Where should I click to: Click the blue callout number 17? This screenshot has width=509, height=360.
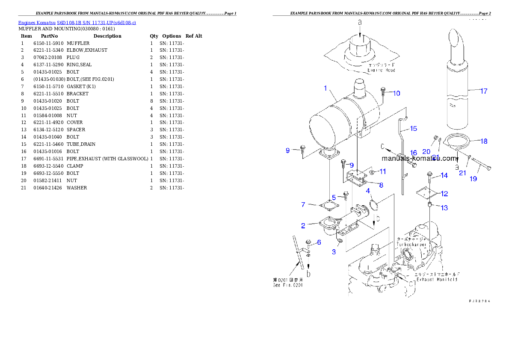pyautogui.click(x=483, y=91)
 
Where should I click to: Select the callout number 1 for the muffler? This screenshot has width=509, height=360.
pyautogui.click(x=326, y=89)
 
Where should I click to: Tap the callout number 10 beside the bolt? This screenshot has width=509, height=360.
pyautogui.click(x=397, y=93)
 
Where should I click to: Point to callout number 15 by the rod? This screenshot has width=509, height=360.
pyautogui.click(x=413, y=128)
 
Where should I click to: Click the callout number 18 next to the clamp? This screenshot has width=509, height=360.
pyautogui.click(x=483, y=141)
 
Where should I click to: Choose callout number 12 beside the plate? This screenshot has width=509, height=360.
pyautogui.click(x=444, y=194)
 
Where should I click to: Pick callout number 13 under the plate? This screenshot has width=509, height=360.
pyautogui.click(x=444, y=208)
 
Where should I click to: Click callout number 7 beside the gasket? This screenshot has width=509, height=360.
pyautogui.click(x=303, y=205)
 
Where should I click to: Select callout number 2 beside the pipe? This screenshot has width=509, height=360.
pyautogui.click(x=303, y=226)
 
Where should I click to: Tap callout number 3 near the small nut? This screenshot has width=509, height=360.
pyautogui.click(x=334, y=252)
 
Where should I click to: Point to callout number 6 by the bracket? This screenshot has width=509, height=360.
pyautogui.click(x=319, y=242)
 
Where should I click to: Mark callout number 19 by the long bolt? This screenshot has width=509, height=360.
pyautogui.click(x=473, y=179)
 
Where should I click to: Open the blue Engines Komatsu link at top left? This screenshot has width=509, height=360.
pyautogui.click(x=77, y=22)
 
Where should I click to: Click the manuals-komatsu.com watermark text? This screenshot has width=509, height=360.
pyautogui.click(x=419, y=158)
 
